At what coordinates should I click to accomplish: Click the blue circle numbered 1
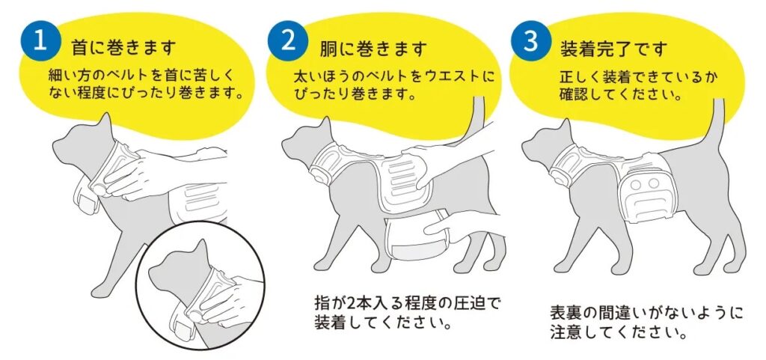tap(40, 41)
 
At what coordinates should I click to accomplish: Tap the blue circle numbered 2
tap(288, 40)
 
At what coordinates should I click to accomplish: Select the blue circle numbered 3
tap(531, 40)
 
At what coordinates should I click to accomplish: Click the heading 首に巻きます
tap(123, 49)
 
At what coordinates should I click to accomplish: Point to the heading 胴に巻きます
tap(373, 49)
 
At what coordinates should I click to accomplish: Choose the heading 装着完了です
tap(613, 49)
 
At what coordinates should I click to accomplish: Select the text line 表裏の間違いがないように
tap(647, 312)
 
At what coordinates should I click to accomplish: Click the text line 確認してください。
tap(621, 94)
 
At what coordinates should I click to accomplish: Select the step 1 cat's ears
tap(105, 122)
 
